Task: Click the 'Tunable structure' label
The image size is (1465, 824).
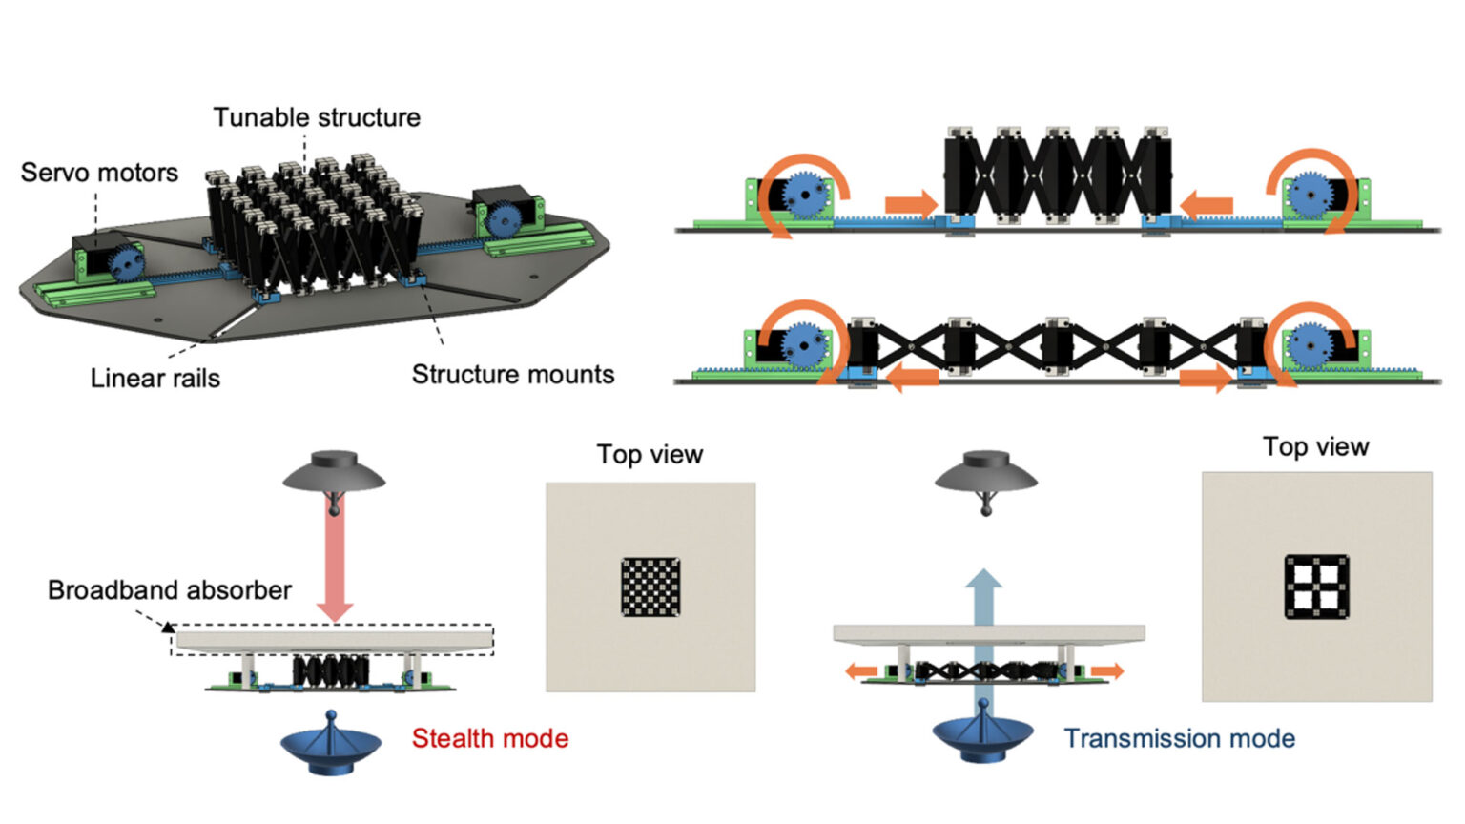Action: [x=316, y=117]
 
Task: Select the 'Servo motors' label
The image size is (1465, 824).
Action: [x=99, y=173]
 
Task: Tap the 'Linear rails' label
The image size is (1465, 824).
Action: [x=155, y=379]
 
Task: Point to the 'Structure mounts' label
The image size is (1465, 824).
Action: [x=512, y=375]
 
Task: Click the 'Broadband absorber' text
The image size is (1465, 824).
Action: [x=169, y=590]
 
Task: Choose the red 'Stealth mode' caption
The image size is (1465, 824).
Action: [x=489, y=738]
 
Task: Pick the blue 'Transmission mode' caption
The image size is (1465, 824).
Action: [x=1179, y=738]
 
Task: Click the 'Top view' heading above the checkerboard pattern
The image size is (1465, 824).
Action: [x=650, y=454]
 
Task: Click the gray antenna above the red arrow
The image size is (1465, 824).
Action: [x=334, y=474]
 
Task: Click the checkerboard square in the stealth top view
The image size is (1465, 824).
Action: [x=650, y=587]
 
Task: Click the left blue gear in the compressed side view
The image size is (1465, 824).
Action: [x=806, y=196]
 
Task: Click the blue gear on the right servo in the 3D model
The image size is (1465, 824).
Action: [x=503, y=221]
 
